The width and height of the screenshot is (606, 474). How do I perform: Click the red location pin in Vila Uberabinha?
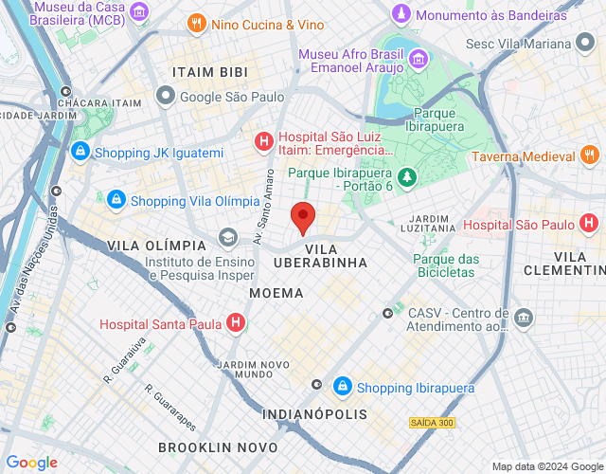[303, 217]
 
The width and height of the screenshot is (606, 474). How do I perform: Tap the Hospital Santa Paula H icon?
[236, 323]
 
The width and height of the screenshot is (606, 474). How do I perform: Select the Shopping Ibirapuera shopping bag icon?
[343, 387]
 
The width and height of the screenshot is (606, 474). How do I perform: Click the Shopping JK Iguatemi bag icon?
[81, 152]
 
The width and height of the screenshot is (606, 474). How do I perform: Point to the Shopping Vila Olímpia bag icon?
[116, 200]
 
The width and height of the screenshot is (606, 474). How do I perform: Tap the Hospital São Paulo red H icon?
[589, 225]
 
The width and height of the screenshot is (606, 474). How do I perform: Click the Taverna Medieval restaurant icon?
[589, 155]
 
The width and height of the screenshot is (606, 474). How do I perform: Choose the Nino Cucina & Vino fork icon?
[197, 24]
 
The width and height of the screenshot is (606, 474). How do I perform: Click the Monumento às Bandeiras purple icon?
[401, 15]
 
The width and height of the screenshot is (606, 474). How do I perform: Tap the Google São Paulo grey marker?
[167, 95]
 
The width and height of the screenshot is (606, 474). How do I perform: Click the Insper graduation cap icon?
[227, 237]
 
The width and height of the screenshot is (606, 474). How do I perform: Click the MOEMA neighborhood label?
[276, 293]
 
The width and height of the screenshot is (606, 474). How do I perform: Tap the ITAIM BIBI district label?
[210, 72]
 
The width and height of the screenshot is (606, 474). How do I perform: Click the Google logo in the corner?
[32, 463]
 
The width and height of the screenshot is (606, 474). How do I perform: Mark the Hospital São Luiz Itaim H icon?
[264, 142]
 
